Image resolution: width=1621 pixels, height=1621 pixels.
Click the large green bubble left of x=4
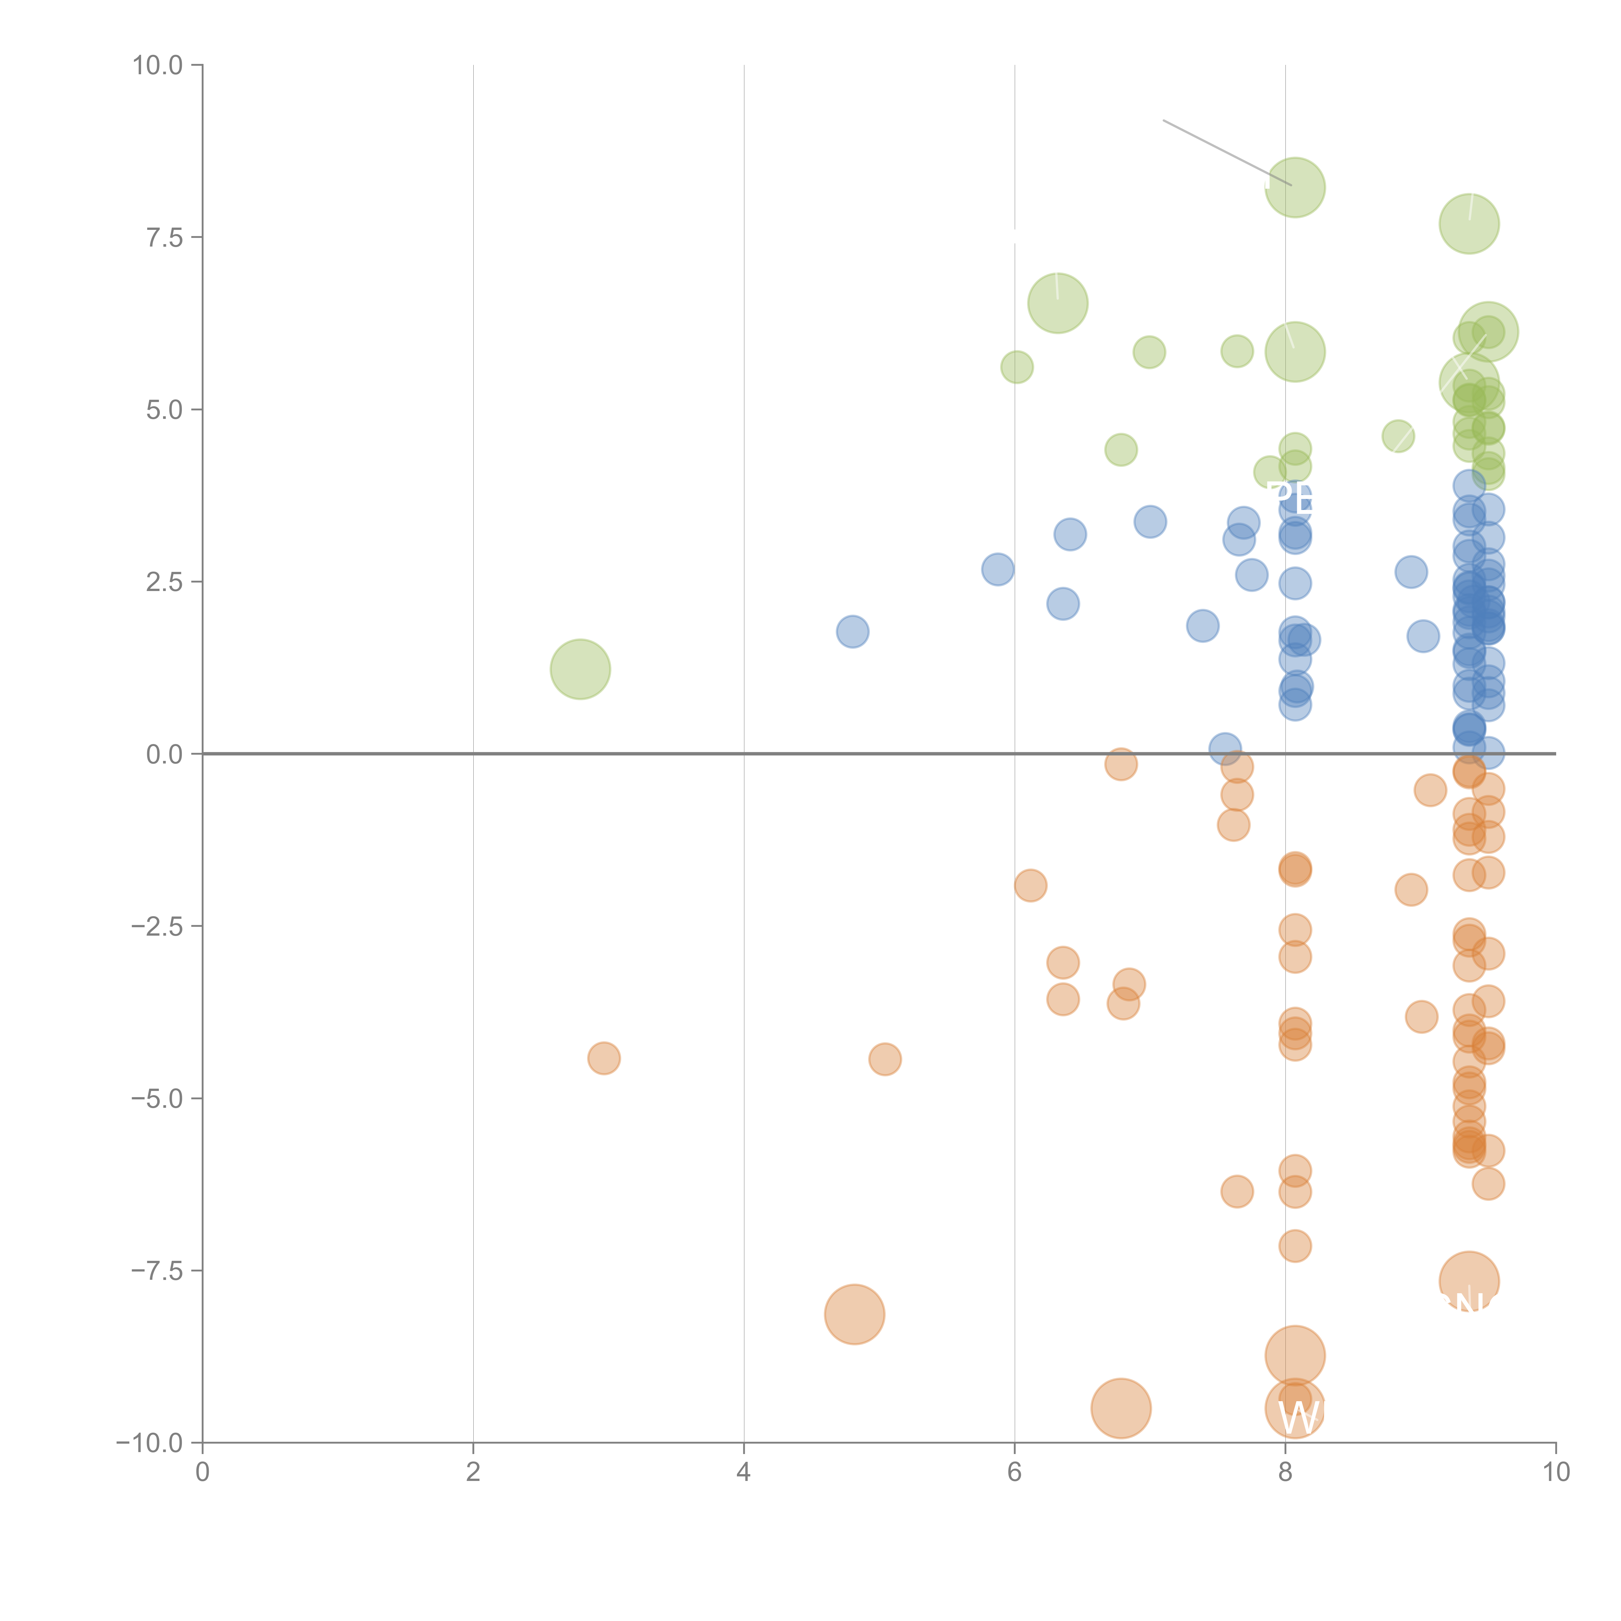click(580, 669)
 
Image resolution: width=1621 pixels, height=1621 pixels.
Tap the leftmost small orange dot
click(604, 1058)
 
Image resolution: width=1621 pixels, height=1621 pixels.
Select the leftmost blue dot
click(852, 631)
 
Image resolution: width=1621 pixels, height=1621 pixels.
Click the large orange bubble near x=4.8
click(854, 1314)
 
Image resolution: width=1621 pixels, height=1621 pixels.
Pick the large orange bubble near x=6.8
click(1121, 1408)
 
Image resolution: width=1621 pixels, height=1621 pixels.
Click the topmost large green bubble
click(1295, 187)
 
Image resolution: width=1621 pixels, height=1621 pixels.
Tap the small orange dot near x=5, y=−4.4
click(885, 1059)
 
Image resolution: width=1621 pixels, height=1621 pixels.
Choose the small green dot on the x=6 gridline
click(1017, 367)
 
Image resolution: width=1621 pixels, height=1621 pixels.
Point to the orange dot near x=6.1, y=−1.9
click(1030, 885)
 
